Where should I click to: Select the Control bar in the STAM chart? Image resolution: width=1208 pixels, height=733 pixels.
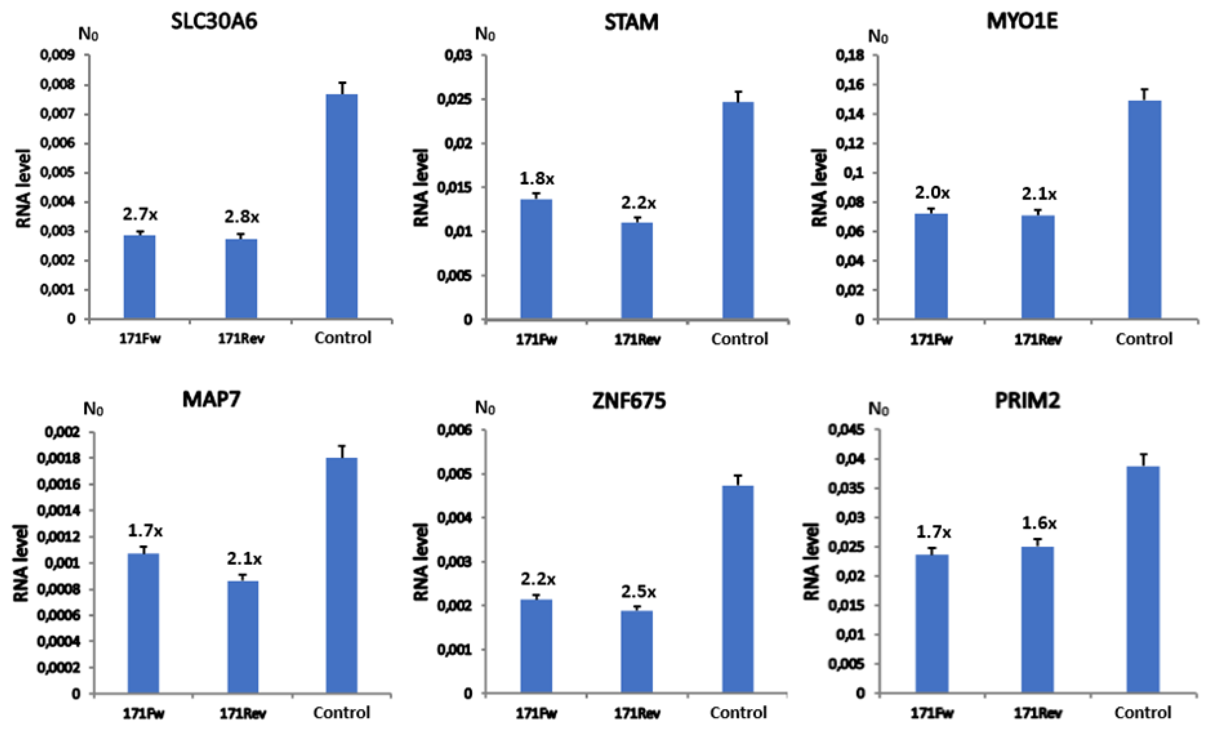[x=738, y=211]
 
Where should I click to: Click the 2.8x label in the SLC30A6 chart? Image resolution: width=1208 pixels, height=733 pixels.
[x=242, y=216]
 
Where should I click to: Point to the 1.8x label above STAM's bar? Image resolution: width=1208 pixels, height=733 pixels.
[x=537, y=179]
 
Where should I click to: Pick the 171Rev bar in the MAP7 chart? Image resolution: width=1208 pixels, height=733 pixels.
[x=242, y=637]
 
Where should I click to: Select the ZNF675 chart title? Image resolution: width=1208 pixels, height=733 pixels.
[x=630, y=401]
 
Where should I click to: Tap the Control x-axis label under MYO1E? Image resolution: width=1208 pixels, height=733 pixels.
[x=1144, y=339]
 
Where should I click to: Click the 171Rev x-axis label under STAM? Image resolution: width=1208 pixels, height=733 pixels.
[x=637, y=340]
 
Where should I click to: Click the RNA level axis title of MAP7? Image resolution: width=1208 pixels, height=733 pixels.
[x=22, y=563]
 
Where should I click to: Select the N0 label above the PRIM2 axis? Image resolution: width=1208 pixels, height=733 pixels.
[x=878, y=409]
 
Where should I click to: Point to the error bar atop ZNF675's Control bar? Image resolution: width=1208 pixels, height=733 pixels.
[x=738, y=479]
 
